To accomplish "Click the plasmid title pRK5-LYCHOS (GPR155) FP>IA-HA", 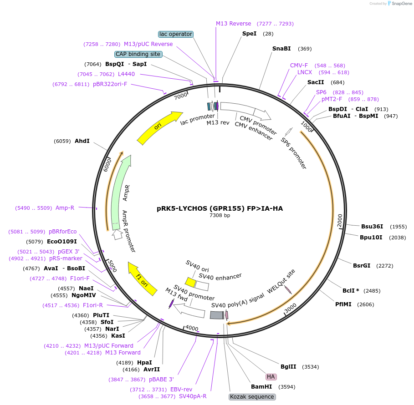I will click(220, 208).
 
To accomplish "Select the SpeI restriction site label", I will click(249, 34).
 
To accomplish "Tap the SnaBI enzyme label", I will click(281, 49).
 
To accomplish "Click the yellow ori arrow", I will click(159, 128).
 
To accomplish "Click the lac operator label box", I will click(176, 34).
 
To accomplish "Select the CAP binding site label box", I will click(138, 54).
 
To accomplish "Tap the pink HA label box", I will click(271, 377).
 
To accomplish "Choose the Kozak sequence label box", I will click(252, 397).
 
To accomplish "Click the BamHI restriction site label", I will click(261, 387).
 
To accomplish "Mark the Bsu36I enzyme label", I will click(372, 227).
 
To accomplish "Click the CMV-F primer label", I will click(299, 66).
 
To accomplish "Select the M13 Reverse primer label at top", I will click(233, 24).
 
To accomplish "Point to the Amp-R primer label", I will click(65, 208).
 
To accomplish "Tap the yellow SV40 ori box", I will click(190, 283).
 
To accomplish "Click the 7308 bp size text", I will click(220, 216).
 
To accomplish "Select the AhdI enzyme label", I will click(82, 141).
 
